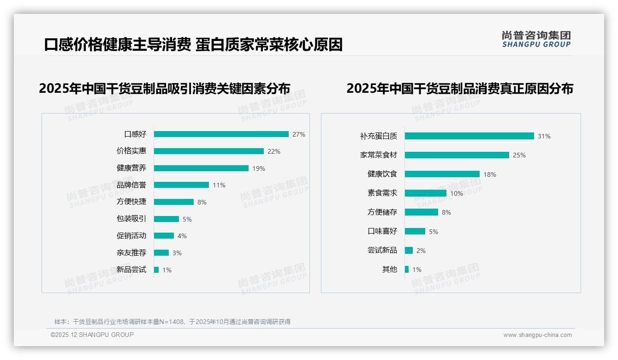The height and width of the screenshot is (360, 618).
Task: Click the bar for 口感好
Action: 221,134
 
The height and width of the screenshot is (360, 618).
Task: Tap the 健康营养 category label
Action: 131,168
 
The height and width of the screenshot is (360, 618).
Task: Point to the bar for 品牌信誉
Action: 181,185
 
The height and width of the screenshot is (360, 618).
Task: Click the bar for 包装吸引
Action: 166,219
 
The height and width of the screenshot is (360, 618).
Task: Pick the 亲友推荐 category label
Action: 131,253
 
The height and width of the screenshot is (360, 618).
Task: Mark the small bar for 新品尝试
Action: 156,270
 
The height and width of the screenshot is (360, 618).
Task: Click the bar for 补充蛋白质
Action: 469,136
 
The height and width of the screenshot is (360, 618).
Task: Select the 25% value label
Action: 519,156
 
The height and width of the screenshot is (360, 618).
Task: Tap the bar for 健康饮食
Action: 442,174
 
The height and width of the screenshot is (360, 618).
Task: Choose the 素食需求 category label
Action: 382,193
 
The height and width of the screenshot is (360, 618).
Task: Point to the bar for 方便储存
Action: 421,212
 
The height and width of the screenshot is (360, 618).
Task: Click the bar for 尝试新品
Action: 409,251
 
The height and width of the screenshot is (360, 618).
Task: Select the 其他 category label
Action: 389,270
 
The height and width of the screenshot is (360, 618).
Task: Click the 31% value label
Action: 544,137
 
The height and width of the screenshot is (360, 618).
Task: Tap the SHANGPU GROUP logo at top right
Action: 536,39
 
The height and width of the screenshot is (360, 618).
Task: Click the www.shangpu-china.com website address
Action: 537,335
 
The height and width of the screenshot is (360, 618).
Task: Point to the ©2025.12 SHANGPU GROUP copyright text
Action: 92,335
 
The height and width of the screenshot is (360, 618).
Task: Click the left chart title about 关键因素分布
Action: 165,89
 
